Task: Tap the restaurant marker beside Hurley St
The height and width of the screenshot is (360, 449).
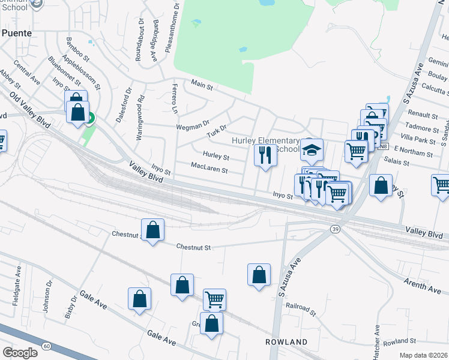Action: [x=265, y=155]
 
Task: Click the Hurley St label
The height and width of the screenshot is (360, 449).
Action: [x=216, y=157]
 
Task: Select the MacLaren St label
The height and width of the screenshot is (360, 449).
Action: [x=209, y=170]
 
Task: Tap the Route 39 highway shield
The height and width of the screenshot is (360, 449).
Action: [x=334, y=229]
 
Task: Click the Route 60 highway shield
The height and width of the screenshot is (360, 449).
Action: [x=47, y=345]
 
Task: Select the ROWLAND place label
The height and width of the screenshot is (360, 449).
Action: [x=287, y=342]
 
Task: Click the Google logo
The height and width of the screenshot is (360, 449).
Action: [x=20, y=352]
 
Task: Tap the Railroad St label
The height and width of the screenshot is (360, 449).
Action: [x=301, y=310]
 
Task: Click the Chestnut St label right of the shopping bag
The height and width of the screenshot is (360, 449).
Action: [x=194, y=247]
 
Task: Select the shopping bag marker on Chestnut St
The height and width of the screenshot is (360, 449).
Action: [x=153, y=230]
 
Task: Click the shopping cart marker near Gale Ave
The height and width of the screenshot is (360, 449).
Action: [x=214, y=299]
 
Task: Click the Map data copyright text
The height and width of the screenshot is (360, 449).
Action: [x=423, y=355]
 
